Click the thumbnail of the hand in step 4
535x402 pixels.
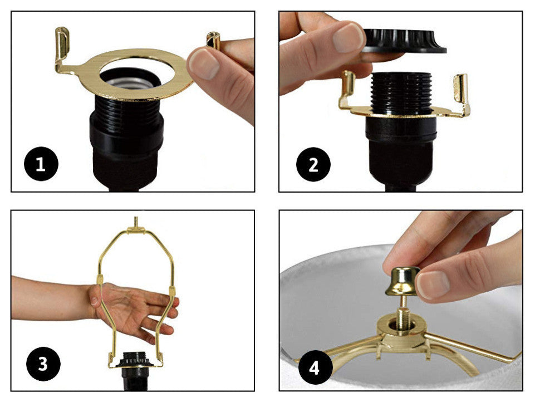coord(432,285)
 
